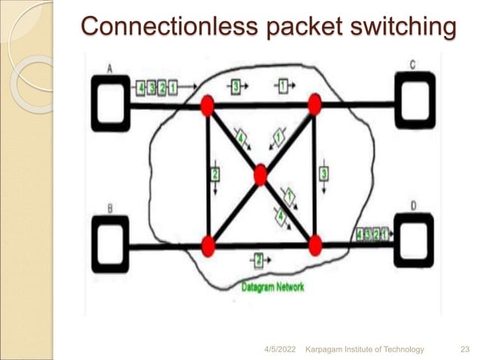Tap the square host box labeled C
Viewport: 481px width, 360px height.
[414, 99]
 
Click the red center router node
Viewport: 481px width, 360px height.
[260, 175]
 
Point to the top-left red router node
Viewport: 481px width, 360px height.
[207, 105]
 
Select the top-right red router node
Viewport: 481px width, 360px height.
[314, 105]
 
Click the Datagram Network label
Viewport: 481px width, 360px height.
[273, 287]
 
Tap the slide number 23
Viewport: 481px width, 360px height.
[464, 348]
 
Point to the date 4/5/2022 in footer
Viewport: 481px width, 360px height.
[280, 348]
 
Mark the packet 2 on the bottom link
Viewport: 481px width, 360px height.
[258, 261]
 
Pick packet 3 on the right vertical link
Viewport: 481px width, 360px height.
[324, 173]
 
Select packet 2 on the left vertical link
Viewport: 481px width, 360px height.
[215, 174]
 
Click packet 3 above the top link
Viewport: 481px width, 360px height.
[236, 87]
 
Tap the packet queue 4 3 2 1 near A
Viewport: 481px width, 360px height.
[157, 88]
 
